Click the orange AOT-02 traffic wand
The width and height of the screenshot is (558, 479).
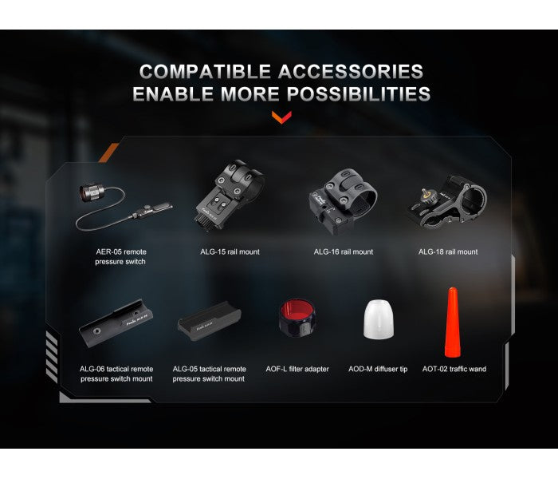point(452,323)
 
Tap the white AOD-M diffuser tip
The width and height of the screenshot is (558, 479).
point(379,319)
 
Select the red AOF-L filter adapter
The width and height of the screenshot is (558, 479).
point(297,318)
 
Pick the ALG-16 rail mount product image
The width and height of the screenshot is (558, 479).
point(342,201)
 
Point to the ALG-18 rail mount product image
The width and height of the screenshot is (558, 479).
point(447,201)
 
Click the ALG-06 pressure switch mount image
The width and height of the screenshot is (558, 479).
point(116,323)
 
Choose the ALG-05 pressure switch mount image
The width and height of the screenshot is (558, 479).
point(209,322)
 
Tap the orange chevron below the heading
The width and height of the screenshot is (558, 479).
point(281,117)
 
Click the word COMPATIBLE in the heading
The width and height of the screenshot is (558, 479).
point(205,71)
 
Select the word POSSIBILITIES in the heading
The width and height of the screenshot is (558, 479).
point(359,93)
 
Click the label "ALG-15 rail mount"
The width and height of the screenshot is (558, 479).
point(230,251)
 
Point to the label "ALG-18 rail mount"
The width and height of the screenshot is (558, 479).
point(448,251)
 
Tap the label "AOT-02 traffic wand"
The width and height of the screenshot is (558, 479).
point(454,369)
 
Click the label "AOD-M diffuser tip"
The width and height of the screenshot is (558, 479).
point(378,369)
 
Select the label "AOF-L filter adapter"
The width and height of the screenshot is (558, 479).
point(297,369)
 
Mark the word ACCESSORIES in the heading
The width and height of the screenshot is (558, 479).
point(351,71)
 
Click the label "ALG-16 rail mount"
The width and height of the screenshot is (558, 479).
point(344,251)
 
